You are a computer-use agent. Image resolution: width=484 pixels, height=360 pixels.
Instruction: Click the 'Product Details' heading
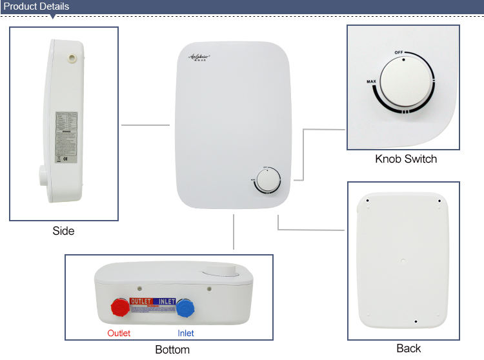click(36, 6)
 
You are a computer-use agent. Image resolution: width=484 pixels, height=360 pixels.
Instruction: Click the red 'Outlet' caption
click(118, 334)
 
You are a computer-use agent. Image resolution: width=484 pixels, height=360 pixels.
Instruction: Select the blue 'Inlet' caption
click(186, 334)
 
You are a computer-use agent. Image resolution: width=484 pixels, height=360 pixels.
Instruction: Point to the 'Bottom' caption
click(172, 350)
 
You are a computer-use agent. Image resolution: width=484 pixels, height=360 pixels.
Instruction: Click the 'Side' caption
click(63, 230)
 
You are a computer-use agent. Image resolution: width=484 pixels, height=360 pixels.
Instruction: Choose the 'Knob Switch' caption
click(406, 159)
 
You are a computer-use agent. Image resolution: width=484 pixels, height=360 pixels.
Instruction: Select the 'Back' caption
click(408, 348)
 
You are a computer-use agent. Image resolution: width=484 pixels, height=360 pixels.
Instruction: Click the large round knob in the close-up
click(405, 82)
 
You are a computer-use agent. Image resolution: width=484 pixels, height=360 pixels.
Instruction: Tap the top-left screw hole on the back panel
click(367, 201)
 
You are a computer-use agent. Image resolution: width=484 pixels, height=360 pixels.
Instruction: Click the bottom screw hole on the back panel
click(416, 321)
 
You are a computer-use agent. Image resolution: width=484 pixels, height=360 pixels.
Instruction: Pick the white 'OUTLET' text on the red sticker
click(141, 301)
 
